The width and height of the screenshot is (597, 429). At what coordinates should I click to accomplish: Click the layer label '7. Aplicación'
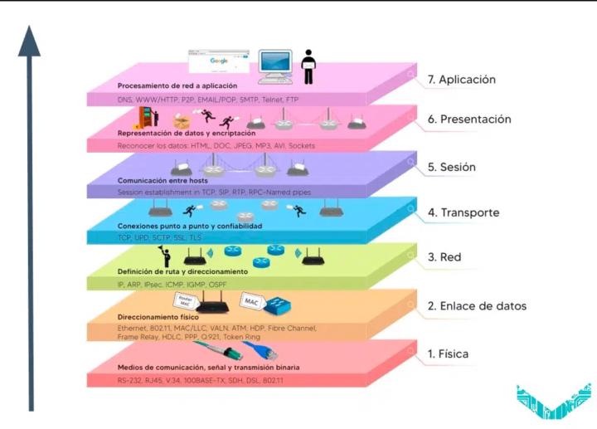[462, 80]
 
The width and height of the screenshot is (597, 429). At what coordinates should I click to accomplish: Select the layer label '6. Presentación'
[469, 119]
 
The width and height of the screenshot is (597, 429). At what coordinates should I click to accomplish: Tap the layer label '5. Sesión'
[451, 167]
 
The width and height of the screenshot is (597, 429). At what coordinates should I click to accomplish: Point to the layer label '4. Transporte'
[464, 212]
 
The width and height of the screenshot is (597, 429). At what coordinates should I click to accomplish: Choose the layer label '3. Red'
[444, 258]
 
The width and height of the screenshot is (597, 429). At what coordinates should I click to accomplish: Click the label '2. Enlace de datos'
[477, 306]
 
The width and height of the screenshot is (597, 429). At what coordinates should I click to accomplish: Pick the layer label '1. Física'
[448, 354]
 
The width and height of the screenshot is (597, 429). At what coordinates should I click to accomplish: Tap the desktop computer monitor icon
[275, 66]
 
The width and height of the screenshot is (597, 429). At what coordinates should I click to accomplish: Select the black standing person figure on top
[309, 66]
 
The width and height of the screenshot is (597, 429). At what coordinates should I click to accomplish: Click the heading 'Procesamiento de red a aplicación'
[177, 85]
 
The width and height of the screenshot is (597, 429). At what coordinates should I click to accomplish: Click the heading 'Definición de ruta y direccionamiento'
[182, 271]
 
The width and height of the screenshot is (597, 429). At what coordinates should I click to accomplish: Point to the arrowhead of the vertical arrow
[30, 41]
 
